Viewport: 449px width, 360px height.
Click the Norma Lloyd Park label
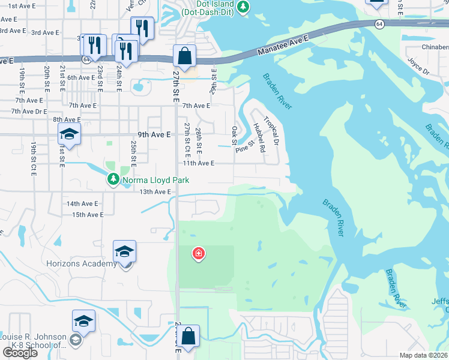coord(155,180)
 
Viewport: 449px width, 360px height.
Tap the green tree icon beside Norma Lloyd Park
coord(113,179)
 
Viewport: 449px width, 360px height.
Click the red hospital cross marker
coord(197,254)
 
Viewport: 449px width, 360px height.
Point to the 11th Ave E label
coord(198,163)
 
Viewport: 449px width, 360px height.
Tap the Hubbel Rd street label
coord(259,137)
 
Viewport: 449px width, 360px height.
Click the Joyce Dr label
coord(418,66)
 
